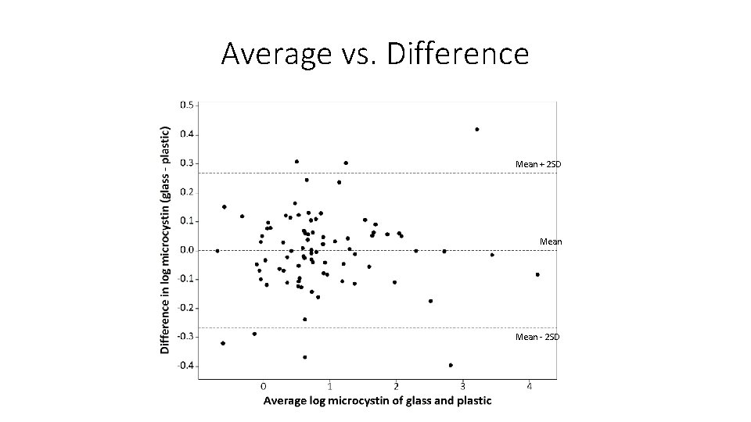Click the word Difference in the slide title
458,54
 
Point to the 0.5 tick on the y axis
189,105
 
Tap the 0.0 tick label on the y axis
189,250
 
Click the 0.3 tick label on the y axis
189,163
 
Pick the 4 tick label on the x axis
530,386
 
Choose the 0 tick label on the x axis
264,386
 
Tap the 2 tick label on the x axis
397,386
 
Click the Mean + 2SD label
538,164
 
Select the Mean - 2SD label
538,337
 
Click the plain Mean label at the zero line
551,241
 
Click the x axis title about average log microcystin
377,401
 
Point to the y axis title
165,241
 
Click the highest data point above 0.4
476,130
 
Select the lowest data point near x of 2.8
451,365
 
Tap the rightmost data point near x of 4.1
537,274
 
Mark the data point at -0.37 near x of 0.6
304,357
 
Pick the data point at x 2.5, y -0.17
430,301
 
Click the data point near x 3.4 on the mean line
492,255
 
